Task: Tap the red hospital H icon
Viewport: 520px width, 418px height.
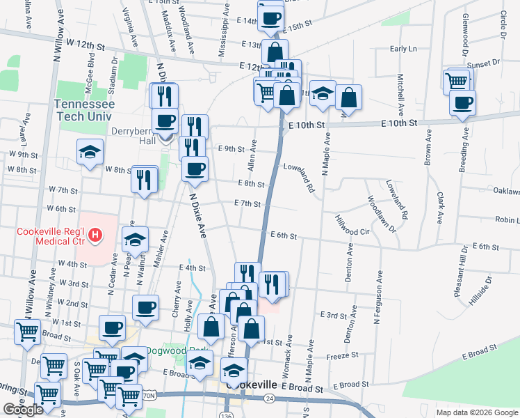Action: tap(96, 237)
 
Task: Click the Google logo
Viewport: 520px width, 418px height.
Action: tap(23, 410)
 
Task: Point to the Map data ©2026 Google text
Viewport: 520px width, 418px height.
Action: tap(477, 412)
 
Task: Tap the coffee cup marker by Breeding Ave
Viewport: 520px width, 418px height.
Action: tap(462, 102)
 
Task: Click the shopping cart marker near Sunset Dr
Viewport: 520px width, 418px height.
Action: tap(457, 81)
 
